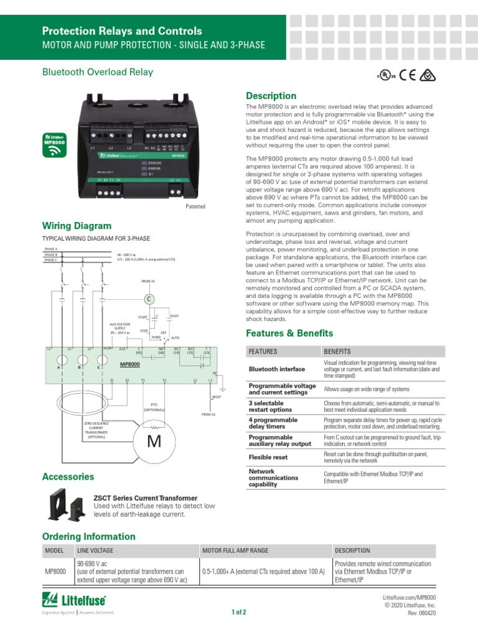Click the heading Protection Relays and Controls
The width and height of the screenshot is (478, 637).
coord(122,31)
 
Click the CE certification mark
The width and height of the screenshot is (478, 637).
coord(408,75)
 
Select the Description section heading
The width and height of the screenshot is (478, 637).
coord(271,96)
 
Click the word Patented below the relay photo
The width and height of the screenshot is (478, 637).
coord(195,207)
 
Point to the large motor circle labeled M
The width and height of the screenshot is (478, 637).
coord(153,443)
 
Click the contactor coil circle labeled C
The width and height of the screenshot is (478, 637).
coord(149,299)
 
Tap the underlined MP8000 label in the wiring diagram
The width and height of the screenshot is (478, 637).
coord(130,364)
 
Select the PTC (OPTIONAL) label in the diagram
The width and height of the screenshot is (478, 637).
coord(154,407)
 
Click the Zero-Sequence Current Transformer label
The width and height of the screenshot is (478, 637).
coord(96,429)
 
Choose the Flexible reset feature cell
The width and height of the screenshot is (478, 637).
coord(268,457)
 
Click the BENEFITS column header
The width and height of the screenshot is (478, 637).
coord(337,351)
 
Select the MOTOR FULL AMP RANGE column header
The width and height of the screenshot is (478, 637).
coord(233,551)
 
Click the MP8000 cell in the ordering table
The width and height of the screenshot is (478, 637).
coord(57,571)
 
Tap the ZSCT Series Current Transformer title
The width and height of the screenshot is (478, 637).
coord(145,498)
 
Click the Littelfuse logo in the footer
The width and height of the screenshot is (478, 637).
coord(73,600)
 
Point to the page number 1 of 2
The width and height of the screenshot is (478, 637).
coord(239,612)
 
